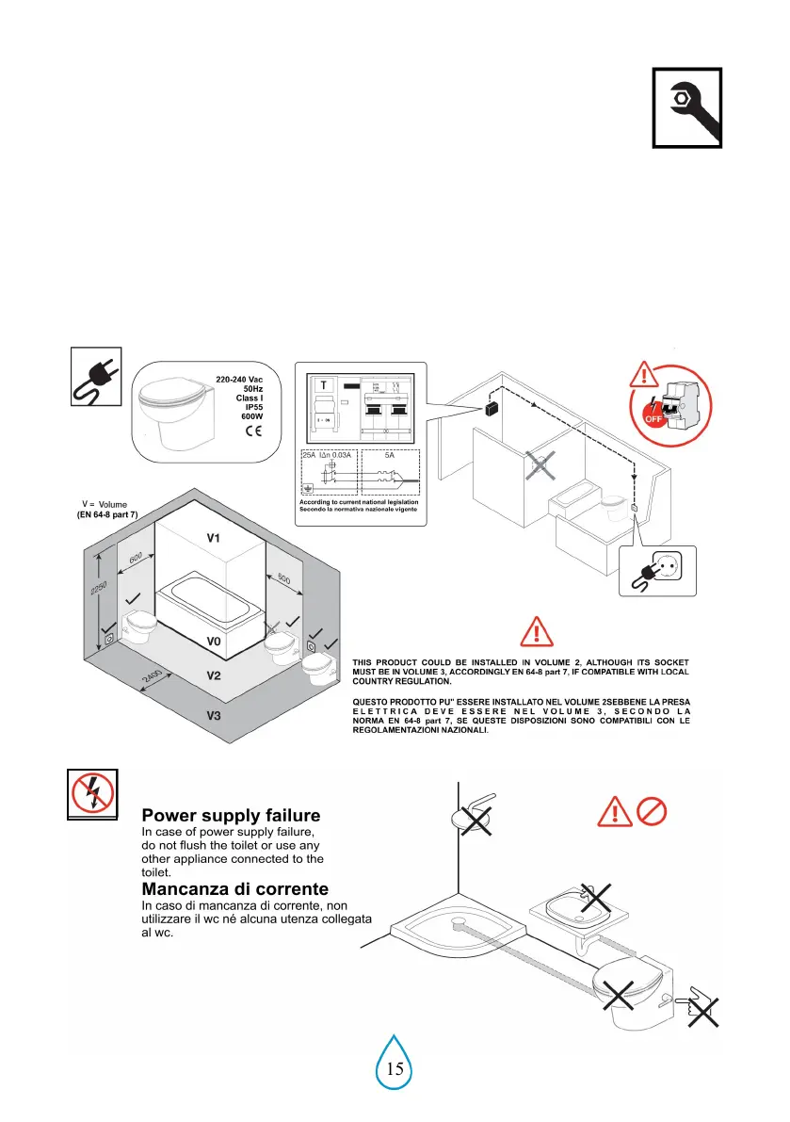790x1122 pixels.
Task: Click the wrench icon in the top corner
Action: point(686,107)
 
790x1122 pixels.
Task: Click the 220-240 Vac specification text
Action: point(239,379)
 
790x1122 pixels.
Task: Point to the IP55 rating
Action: point(250,407)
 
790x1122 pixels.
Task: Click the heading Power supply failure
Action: point(231,815)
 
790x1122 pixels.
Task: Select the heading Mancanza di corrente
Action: point(234,888)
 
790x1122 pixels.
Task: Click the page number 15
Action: point(395,1068)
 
